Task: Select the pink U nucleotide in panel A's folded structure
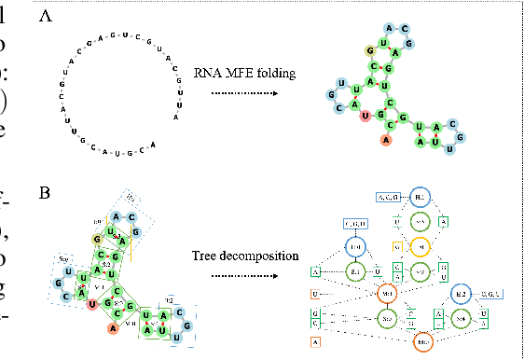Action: tap(365, 117)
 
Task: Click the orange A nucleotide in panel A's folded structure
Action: tap(385, 140)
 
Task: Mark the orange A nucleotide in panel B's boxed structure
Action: tap(113, 327)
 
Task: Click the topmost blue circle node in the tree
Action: tap(420, 199)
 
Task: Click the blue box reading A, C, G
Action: tap(388, 197)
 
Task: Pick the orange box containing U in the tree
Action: tap(316, 295)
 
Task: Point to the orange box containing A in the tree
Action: tap(316, 342)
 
